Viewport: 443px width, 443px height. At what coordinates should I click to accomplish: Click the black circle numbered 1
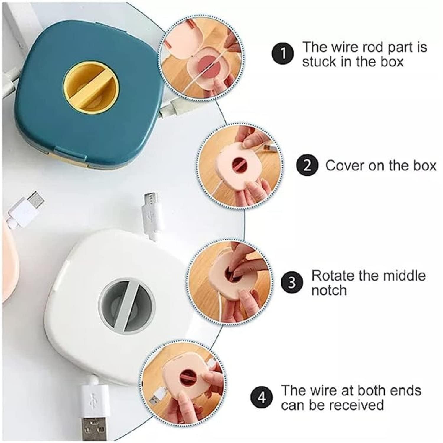283,53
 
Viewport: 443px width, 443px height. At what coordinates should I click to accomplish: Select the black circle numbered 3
291,283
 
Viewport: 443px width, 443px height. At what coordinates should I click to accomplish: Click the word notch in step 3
329,290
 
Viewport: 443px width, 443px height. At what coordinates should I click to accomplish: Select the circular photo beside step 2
239,164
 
